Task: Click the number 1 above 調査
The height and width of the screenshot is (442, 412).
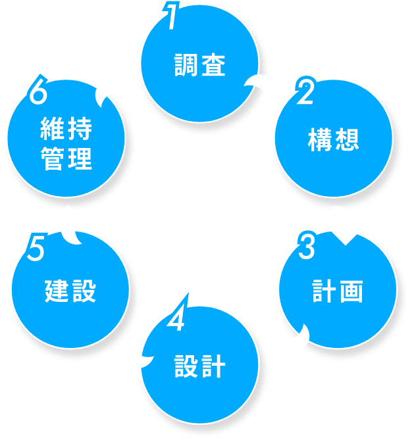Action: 172,17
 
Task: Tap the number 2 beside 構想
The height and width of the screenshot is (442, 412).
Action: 305,93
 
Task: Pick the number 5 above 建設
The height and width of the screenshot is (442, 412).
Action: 36,248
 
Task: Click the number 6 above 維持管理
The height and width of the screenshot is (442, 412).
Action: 39,93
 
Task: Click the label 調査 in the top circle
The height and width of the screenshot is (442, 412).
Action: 200,66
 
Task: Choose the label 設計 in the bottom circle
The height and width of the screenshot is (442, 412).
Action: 200,367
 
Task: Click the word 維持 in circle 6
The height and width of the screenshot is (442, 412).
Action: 66,129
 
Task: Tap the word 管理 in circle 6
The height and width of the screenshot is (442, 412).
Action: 66,159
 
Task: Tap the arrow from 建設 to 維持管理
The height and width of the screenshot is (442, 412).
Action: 68,225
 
